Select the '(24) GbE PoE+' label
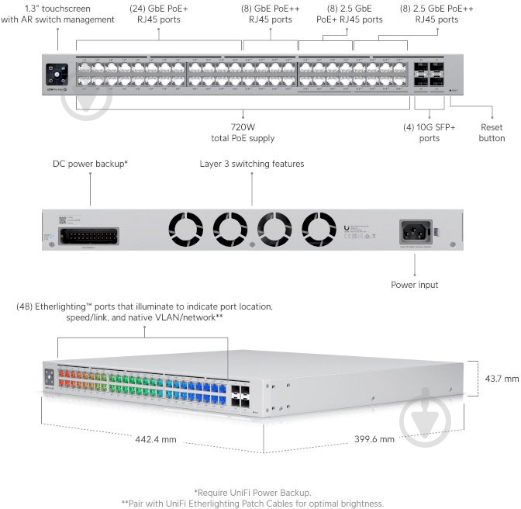click(x=159, y=9)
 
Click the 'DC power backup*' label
click(x=90, y=164)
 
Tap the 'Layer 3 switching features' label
click(x=252, y=164)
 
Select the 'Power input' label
click(x=415, y=285)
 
